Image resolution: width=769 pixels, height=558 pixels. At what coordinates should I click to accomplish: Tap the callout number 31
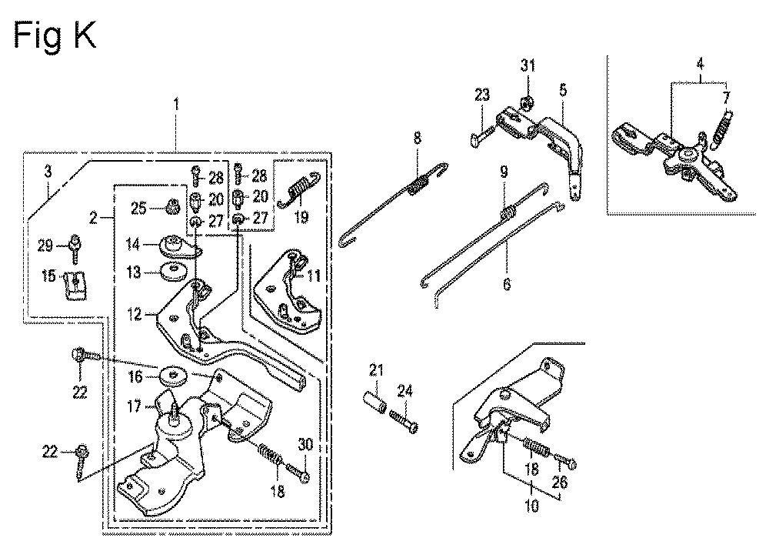click(528, 65)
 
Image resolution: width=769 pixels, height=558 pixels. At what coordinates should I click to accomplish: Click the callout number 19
click(301, 216)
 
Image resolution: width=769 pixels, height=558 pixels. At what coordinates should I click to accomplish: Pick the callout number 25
click(138, 208)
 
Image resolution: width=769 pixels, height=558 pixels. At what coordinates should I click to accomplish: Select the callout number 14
click(133, 244)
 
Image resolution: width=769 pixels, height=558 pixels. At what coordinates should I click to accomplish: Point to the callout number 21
click(376, 369)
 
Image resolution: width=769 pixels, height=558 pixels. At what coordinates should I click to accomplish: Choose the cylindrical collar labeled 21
click(375, 398)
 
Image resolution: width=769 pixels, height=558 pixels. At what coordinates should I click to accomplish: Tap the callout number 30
click(305, 445)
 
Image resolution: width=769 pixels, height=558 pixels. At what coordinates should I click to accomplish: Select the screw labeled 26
click(566, 461)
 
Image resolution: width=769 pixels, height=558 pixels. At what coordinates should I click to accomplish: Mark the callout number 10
click(531, 505)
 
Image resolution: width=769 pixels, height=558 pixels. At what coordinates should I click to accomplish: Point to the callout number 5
click(563, 90)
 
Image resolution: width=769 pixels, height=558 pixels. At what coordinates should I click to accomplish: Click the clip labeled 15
click(75, 285)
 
